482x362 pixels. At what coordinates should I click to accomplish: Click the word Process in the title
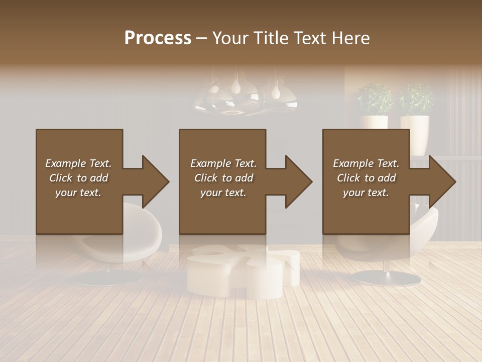(158, 38)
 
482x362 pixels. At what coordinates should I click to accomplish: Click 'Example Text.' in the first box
(78, 163)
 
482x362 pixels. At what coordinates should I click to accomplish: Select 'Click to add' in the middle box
(223, 178)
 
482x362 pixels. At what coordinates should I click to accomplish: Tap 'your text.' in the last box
(366, 193)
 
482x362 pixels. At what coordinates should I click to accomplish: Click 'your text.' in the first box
(78, 193)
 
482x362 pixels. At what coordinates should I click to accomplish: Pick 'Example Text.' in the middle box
(223, 163)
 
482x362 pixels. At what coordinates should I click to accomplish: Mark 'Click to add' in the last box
(366, 178)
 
